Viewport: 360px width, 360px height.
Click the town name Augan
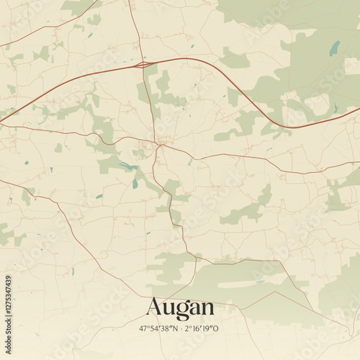pos(180,308)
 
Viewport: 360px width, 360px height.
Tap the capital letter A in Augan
pos(154,307)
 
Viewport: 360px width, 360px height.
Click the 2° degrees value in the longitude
pos(187,328)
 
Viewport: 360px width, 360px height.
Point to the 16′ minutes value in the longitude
pos(196,328)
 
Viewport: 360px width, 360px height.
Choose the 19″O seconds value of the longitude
pos(210,328)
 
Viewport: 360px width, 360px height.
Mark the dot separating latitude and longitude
pos(180,328)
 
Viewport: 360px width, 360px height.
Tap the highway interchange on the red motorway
pos(143,65)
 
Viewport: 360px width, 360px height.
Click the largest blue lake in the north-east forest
pos(334,48)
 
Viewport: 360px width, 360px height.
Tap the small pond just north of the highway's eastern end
pos(336,108)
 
